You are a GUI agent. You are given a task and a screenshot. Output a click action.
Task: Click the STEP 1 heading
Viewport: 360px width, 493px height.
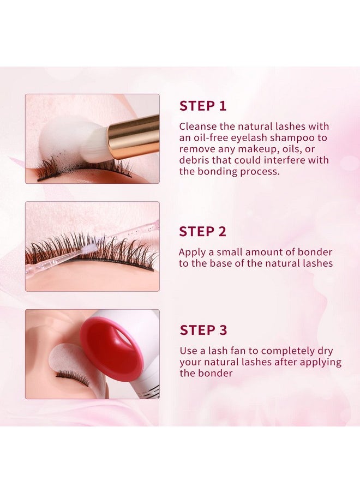pyautogui.click(x=202, y=106)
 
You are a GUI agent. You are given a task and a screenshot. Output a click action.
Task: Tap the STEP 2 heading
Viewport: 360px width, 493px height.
pyautogui.click(x=202, y=231)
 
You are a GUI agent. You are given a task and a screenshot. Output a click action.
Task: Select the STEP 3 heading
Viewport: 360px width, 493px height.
pyautogui.click(x=203, y=330)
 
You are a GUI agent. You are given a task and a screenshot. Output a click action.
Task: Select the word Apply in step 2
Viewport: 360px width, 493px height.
pyautogui.click(x=191, y=252)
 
